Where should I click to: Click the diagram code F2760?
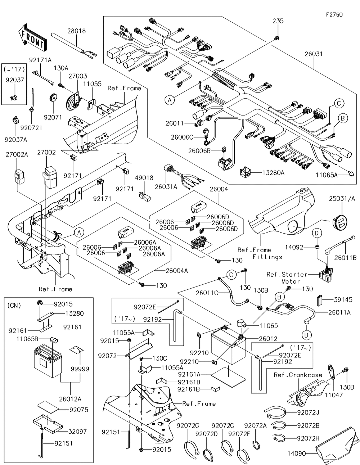(334, 15)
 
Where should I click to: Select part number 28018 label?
(76, 31)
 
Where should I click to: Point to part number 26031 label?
(313, 54)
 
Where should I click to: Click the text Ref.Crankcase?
(298, 375)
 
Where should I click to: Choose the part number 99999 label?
(80, 369)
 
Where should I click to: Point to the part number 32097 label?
(78, 432)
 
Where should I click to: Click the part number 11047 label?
(334, 395)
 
